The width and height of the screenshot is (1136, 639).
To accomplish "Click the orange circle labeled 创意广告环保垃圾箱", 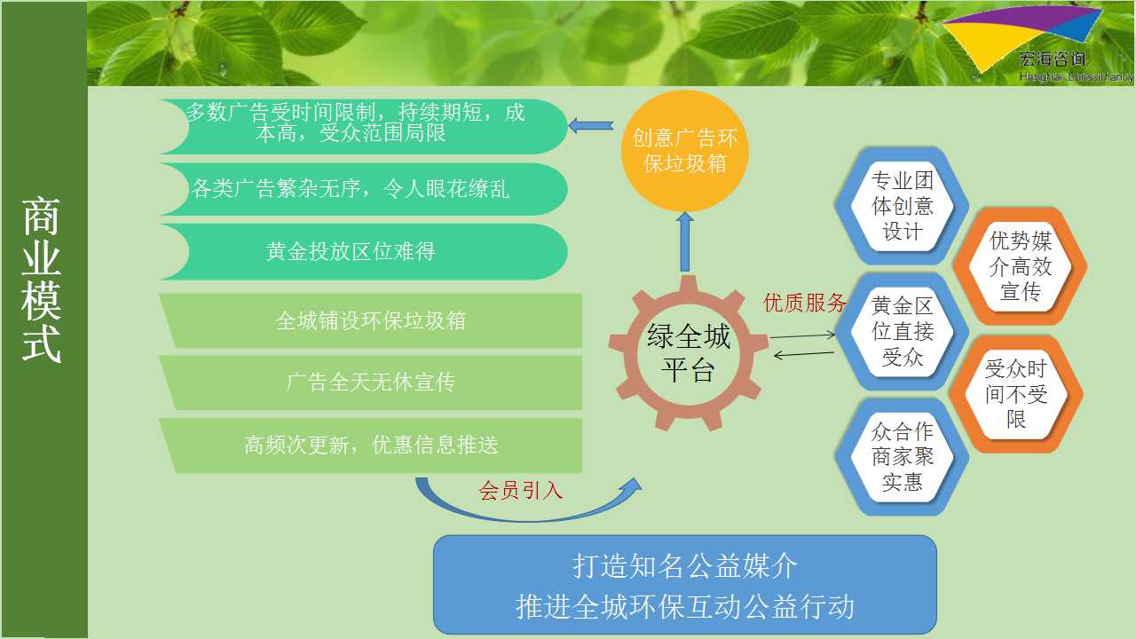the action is tap(684, 151).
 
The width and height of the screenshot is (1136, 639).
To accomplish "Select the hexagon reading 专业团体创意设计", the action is tap(902, 206).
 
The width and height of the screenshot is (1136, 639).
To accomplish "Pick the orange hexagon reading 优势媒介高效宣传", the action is tap(1020, 265).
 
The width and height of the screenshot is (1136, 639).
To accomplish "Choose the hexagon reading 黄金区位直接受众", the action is tap(902, 331).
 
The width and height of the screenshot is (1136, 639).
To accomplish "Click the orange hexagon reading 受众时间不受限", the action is tap(1016, 393).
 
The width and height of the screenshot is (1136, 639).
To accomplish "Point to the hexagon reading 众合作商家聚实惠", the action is tap(902, 456).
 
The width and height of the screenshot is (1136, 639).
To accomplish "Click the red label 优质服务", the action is tap(804, 303).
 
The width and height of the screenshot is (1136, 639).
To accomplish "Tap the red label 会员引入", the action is tap(520, 491).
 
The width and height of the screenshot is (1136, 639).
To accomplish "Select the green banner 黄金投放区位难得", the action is tap(363, 251).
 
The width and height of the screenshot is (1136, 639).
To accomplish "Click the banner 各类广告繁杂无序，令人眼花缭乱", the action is tap(363, 189).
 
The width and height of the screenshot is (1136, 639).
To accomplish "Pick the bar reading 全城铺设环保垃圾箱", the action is tap(371, 320).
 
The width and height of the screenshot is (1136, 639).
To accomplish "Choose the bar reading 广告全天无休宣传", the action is tap(371, 383).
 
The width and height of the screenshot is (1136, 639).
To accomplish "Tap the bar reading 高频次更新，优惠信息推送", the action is tap(371, 446).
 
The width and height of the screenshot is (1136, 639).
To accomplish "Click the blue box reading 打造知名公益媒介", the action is tap(684, 585).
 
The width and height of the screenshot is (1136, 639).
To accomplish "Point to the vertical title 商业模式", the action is tap(42, 280).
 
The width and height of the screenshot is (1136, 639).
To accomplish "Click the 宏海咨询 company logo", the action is tap(1035, 43).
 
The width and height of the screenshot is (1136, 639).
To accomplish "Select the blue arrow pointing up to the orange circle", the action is tap(684, 242).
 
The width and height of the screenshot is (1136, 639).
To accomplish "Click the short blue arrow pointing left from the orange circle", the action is tap(591, 126).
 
